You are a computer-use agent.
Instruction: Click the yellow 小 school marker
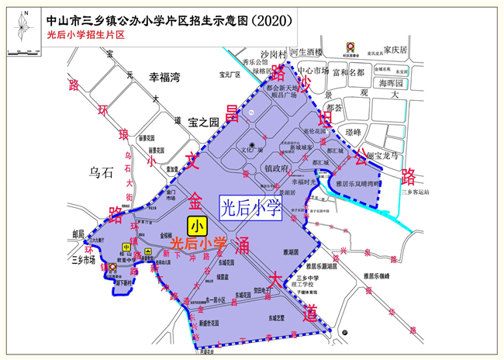coord(196,226)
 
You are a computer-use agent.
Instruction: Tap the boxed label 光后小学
coord(250,207)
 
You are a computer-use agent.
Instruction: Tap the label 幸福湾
coord(164,78)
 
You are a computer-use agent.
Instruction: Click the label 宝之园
coord(204,122)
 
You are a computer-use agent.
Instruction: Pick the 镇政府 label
coord(277,167)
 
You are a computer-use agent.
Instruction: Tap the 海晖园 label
coord(391,83)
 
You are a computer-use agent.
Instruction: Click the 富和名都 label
coord(347,72)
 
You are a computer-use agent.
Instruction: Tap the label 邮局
coord(78,233)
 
